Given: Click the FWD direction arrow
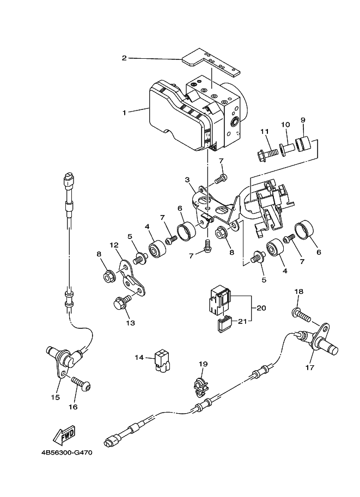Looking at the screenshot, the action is tap(63, 434).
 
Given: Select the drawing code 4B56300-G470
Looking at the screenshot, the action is tap(66, 452).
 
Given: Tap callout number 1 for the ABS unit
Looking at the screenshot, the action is tap(125, 113).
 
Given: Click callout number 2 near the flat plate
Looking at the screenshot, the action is tap(124, 58).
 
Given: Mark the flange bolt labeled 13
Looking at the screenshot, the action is tap(122, 302).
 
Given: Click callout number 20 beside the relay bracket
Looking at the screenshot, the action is tap(261, 308).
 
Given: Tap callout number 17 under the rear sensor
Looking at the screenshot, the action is tap(309, 367).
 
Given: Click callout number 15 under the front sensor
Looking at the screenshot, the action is tap(55, 397).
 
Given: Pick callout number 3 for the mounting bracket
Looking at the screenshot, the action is tap(188, 180).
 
